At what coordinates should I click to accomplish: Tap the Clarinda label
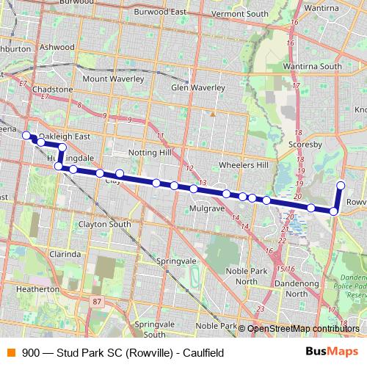pos(65,253)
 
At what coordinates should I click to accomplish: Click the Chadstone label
pos(53,89)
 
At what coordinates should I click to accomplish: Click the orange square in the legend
pos(10,352)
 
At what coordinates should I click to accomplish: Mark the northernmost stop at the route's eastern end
pos(341,184)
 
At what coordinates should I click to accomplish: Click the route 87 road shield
pos(97,301)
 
